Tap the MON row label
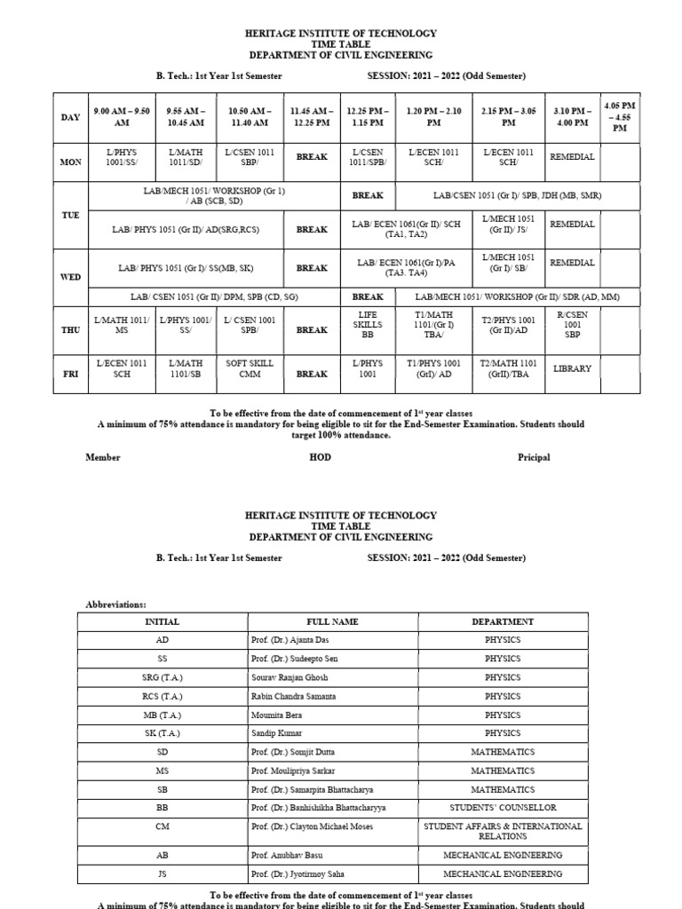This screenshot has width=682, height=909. (x=70, y=162)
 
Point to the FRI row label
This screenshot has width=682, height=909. (x=70, y=374)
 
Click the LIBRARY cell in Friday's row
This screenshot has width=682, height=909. (x=573, y=368)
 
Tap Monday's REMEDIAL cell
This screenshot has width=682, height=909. (x=573, y=156)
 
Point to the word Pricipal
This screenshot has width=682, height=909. (x=534, y=457)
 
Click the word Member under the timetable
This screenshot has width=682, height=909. (x=103, y=457)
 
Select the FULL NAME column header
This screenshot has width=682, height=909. (x=332, y=622)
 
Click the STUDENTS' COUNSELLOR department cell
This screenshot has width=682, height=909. (x=504, y=808)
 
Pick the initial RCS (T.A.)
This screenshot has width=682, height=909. (x=162, y=696)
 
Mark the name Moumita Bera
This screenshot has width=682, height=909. (x=278, y=715)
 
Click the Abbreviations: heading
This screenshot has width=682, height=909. (x=115, y=604)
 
